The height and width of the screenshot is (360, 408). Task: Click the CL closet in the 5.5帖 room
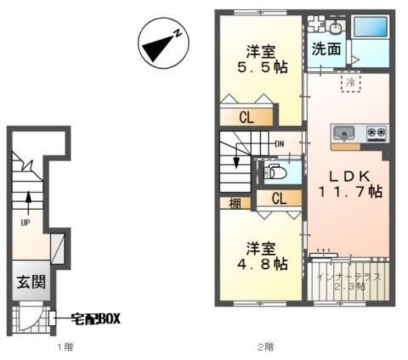[x=246, y=117]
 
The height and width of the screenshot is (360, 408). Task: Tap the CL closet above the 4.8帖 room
[x=279, y=199]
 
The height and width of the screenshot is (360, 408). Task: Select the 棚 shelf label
[x=235, y=204]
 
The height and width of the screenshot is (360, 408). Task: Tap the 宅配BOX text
[x=96, y=317]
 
